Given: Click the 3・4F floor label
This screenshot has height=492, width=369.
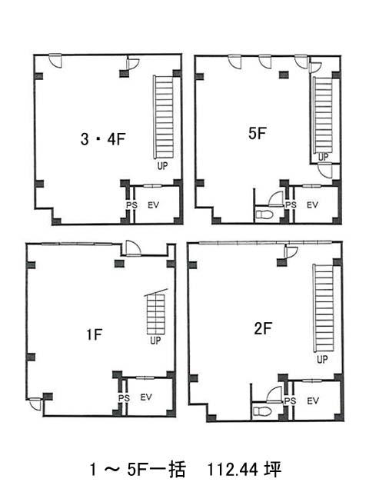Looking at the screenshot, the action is (102, 138).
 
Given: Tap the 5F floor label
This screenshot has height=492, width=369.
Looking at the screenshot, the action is (258, 133).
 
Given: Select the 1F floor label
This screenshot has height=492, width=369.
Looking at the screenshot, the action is (95, 334).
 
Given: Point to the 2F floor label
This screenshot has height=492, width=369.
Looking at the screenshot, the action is (263, 328).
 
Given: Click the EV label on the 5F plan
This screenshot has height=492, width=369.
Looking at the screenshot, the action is (313, 205).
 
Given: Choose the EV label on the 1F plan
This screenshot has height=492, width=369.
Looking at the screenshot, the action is (146, 397).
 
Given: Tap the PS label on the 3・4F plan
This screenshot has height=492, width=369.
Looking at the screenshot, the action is (131, 205).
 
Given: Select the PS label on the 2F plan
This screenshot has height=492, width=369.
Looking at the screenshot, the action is (291, 401).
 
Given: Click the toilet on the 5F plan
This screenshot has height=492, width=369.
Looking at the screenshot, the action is (264, 214).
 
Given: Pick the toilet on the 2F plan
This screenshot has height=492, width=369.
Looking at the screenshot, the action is (261, 411).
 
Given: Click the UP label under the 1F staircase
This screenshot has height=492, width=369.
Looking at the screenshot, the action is (155, 340).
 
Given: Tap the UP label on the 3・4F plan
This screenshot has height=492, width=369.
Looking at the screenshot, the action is (162, 165).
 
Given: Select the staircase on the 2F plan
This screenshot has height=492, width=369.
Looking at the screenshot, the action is (323, 308).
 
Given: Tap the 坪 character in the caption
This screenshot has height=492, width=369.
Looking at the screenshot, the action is (273, 470).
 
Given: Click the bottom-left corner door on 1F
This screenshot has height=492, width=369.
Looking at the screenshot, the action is (35, 404).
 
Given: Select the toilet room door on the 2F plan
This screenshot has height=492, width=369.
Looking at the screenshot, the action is (274, 394).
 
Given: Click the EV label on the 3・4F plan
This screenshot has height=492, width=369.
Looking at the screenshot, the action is (154, 205).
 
